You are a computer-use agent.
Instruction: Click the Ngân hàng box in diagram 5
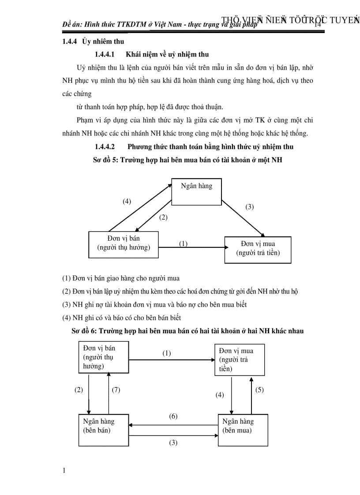coord(196,192)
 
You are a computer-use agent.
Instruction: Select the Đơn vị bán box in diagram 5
coord(124,244)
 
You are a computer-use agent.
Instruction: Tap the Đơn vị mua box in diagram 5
coord(258,249)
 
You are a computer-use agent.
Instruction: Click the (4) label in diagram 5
coord(127,201)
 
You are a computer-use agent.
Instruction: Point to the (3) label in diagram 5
coord(250,207)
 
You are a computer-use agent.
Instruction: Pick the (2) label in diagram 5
coord(163,217)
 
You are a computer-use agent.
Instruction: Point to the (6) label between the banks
coord(173,416)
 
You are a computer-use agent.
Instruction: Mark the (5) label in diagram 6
coord(259,390)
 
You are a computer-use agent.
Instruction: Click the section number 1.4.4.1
coord(105,55)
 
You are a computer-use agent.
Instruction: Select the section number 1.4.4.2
coord(105,146)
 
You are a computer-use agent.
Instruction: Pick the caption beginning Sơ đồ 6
coord(187,331)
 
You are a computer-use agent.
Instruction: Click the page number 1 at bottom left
coord(64,471)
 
